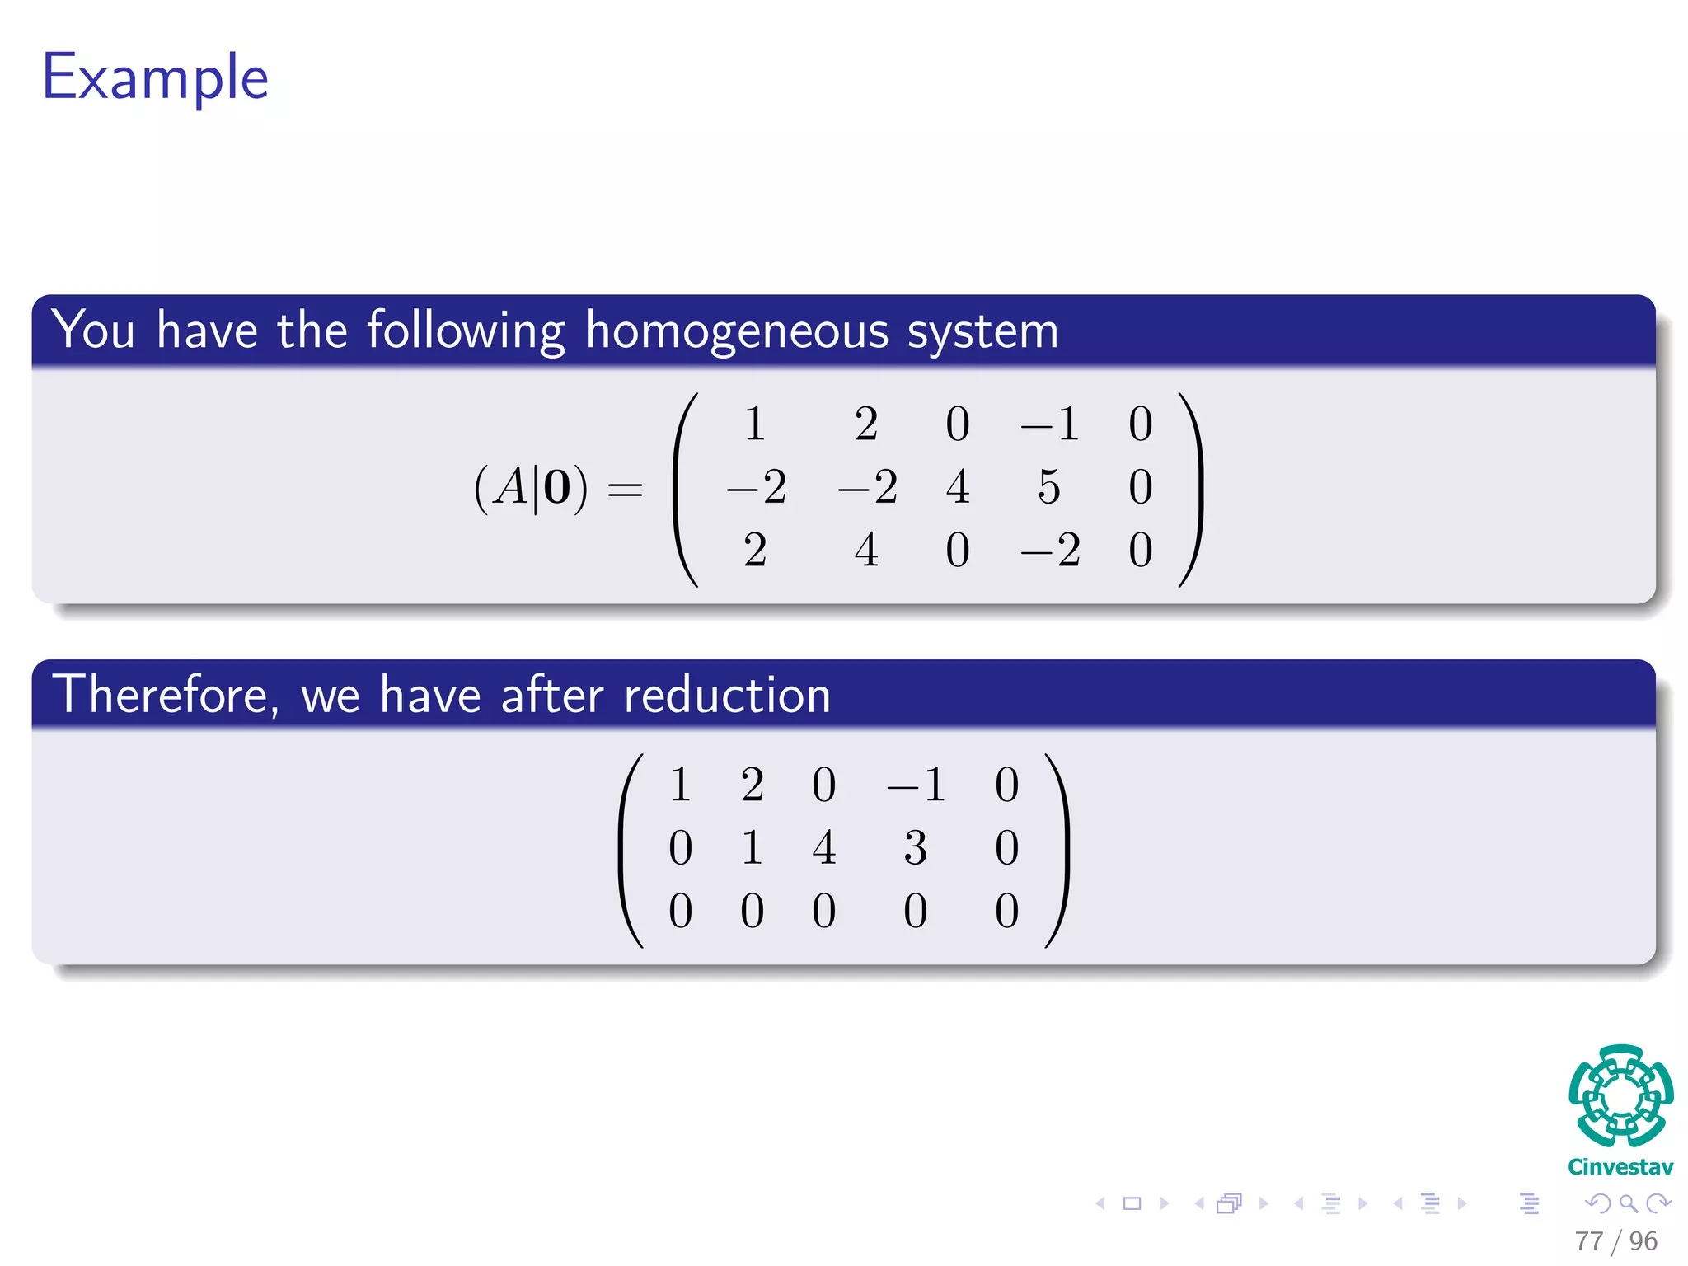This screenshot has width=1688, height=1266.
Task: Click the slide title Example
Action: [x=155, y=77]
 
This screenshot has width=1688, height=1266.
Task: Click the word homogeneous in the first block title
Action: [x=738, y=331]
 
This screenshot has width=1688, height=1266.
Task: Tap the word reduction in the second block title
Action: [x=727, y=695]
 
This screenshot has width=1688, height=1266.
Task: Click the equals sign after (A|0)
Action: [x=625, y=490]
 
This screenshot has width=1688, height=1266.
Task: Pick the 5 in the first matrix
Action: [x=1048, y=486]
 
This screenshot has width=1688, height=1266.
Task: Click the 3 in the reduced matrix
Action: [x=915, y=847]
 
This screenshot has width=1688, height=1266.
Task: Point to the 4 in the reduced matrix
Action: [x=823, y=847]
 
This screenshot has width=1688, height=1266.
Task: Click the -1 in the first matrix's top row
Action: [x=1049, y=424]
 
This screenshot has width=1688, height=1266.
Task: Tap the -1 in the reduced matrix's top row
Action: [x=916, y=784]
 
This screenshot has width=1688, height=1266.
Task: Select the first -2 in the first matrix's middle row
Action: [x=756, y=486]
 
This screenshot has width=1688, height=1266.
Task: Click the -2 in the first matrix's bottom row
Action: [x=1049, y=550]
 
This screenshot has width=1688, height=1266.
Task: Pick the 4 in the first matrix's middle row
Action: [x=958, y=486]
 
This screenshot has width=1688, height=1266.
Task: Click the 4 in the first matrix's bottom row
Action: [x=866, y=550]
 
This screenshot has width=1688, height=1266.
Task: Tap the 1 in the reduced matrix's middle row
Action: [x=752, y=847]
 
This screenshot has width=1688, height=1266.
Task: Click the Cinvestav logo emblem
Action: [x=1620, y=1095]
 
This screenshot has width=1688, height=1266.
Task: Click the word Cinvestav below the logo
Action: [x=1620, y=1167]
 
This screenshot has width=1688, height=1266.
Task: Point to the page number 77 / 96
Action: [x=1615, y=1240]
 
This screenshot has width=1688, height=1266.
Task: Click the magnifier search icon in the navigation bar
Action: [x=1628, y=1204]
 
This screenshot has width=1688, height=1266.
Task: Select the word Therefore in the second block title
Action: [x=161, y=695]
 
